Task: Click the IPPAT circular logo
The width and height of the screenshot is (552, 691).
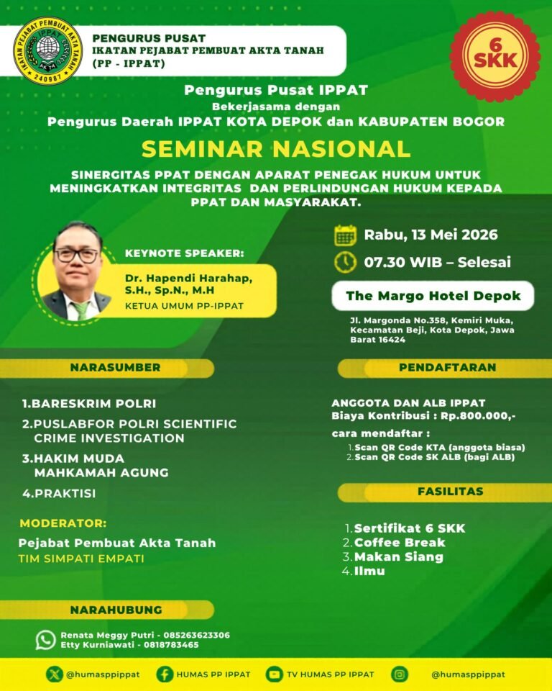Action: tap(48, 51)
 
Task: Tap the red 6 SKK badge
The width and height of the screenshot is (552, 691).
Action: tap(494, 56)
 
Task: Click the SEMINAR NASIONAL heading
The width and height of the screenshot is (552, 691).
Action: tap(276, 148)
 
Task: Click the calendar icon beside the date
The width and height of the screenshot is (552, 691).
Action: tap(346, 235)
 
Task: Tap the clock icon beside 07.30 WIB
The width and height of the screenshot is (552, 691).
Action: tap(346, 261)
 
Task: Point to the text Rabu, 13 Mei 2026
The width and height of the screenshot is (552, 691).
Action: tap(431, 235)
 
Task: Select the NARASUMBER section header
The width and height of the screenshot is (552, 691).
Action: tap(115, 368)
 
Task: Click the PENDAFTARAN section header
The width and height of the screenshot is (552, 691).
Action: tap(447, 368)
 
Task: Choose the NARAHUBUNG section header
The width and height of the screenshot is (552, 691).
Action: tap(115, 610)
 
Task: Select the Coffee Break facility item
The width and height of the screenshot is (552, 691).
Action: tap(400, 543)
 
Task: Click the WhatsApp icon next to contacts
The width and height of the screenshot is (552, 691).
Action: tap(46, 639)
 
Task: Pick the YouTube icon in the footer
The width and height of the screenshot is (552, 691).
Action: tap(274, 674)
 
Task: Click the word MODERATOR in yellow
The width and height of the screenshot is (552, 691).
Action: tap(63, 523)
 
